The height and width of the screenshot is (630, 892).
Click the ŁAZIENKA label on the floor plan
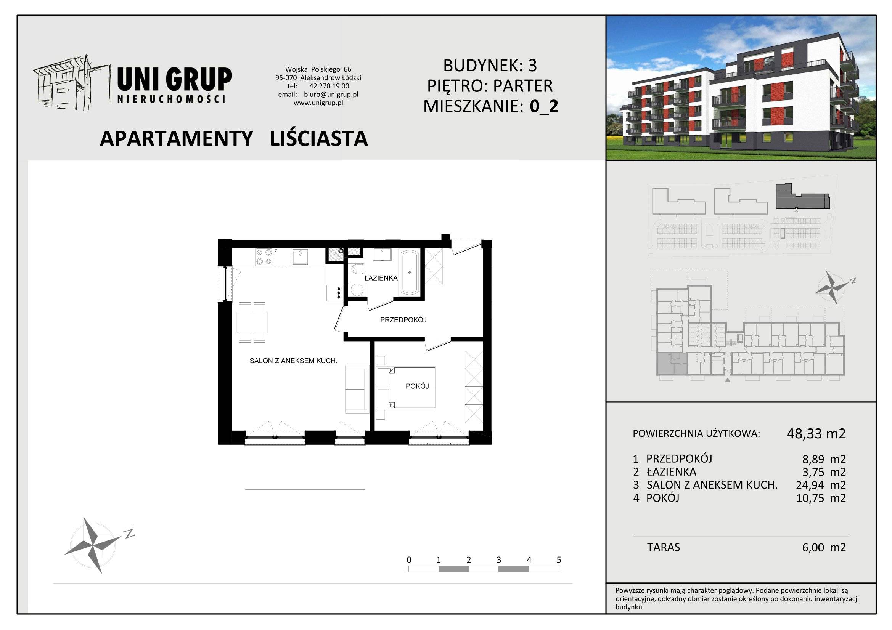pyautogui.click(x=381, y=278)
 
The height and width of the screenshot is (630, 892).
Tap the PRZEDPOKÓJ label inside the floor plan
pyautogui.click(x=403, y=320)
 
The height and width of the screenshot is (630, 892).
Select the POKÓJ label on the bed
pyautogui.click(x=417, y=386)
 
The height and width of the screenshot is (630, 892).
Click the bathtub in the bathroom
pyautogui.click(x=410, y=272)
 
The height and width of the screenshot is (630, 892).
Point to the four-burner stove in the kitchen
pyautogui.click(x=264, y=257)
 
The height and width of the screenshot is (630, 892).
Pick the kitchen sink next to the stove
pyautogui.click(x=300, y=257)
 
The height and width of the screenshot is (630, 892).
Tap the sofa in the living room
pyautogui.click(x=357, y=390)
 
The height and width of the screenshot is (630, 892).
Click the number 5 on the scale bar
pyautogui.click(x=559, y=560)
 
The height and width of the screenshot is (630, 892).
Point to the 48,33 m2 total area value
pyautogui.click(x=816, y=433)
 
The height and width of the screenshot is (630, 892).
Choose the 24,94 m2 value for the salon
pyautogui.click(x=821, y=485)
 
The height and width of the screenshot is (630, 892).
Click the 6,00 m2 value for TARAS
pyautogui.click(x=824, y=547)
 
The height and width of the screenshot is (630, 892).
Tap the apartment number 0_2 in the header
pyautogui.click(x=544, y=106)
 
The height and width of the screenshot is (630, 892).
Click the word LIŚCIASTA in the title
pyautogui.click(x=318, y=139)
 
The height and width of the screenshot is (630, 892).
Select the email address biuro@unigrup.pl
pyautogui.click(x=331, y=94)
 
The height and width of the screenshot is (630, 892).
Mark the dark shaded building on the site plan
pyautogui.click(x=802, y=197)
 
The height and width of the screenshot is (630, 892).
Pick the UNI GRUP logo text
pyautogui.click(x=174, y=79)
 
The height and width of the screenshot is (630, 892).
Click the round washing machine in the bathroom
pyautogui.click(x=357, y=289)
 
